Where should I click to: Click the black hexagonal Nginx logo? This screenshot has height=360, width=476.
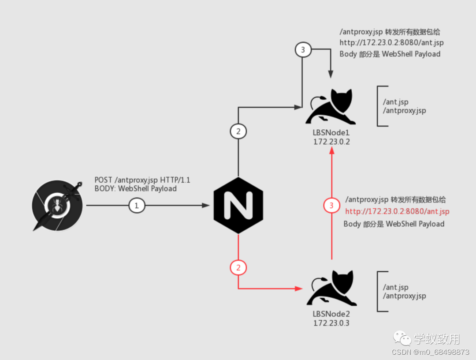[x=238, y=206]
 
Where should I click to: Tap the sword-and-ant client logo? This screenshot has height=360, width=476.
[x=57, y=206]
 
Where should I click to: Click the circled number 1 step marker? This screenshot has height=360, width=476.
[x=137, y=206]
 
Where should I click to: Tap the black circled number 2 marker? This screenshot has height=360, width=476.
[x=238, y=131]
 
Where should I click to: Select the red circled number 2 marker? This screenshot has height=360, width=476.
[x=238, y=268]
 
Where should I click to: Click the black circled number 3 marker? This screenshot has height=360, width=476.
[x=302, y=50]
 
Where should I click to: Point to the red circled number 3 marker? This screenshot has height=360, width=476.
[x=331, y=206]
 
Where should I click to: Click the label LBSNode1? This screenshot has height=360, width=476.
[x=331, y=133]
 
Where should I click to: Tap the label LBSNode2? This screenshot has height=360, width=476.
[x=331, y=314]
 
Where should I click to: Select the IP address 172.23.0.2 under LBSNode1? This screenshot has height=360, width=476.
[x=331, y=142]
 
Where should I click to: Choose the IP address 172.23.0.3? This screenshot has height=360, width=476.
[x=331, y=323]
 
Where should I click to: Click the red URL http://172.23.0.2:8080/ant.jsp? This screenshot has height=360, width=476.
[x=397, y=212]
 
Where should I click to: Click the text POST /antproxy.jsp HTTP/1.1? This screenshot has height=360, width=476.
[x=142, y=180]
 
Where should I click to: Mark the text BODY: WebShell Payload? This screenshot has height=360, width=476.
[x=136, y=189]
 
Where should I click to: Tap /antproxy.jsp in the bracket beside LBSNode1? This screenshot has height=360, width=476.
[x=404, y=111]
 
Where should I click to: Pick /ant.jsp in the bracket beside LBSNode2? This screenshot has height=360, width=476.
[x=395, y=288]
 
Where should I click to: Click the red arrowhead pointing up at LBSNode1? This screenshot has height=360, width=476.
[x=331, y=151]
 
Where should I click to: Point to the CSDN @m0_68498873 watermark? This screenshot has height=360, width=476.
[x=430, y=352]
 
